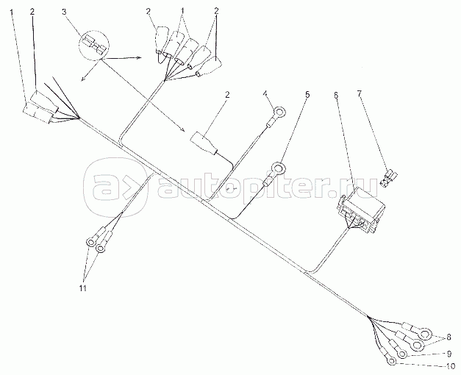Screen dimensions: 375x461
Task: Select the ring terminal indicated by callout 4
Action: pos(279,114)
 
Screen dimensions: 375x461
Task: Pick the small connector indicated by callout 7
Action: pos(393,178)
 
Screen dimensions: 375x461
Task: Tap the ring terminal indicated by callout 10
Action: pos(390,360)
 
